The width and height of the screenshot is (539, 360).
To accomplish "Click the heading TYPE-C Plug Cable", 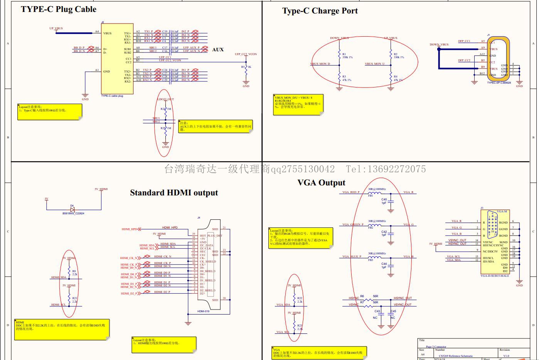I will pyautogui.click(x=59, y=9).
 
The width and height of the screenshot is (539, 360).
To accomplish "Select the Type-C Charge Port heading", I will pyautogui.click(x=320, y=11).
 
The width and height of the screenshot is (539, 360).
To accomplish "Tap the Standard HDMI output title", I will pyautogui.click(x=174, y=193).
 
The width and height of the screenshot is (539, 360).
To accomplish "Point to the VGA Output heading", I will pyautogui.click(x=321, y=183).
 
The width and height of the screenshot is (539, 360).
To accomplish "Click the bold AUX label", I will pyautogui.click(x=218, y=50).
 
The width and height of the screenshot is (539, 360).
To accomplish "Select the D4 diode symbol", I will pyautogui.click(x=72, y=209).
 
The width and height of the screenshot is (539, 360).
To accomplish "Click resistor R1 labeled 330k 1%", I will pyautogui.click(x=339, y=56).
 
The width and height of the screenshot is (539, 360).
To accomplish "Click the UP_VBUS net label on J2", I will pyautogui.click(x=56, y=29).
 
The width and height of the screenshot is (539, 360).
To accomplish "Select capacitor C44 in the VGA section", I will pyautogui.click(x=390, y=265).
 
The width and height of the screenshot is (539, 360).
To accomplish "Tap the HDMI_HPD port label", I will pyautogui.click(x=129, y=229).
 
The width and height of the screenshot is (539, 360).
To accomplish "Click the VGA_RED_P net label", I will pyautogui.click(x=351, y=192).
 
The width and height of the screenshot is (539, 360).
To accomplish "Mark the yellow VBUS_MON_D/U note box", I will pyautogui.click(x=298, y=104).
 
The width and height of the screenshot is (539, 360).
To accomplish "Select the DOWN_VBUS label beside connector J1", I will pyautogui.click(x=439, y=45).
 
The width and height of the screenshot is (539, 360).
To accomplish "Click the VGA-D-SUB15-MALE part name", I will pyautogui.click(x=495, y=276).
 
